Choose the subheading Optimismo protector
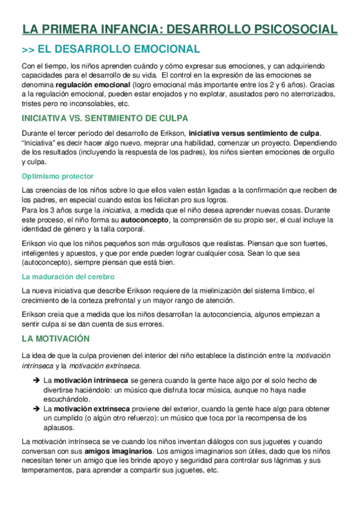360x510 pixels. (x=57, y=176)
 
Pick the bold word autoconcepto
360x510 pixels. (x=149, y=220)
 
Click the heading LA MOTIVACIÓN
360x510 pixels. (x=55, y=339)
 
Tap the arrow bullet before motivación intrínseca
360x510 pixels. (x=36, y=381)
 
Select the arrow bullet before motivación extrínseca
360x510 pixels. (x=36, y=408)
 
